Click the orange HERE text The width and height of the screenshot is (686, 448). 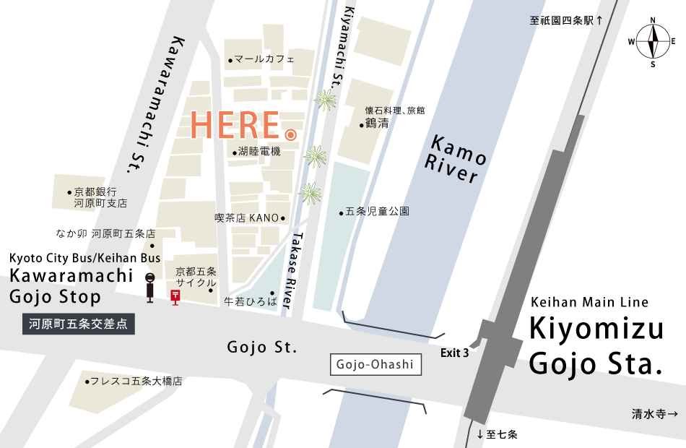[x=235, y=126]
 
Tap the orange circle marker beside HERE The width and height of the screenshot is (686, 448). [x=290, y=135]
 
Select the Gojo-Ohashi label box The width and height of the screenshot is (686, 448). [x=375, y=364]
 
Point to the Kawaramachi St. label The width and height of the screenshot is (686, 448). [x=152, y=105]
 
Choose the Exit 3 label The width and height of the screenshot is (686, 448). [x=454, y=353]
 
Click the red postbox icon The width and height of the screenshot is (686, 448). [x=175, y=296]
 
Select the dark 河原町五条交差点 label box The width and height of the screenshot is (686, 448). [x=79, y=324]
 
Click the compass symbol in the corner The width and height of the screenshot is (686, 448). [x=652, y=40]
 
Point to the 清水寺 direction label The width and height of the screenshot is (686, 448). [x=654, y=414]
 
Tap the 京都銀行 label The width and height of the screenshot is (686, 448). [x=95, y=192]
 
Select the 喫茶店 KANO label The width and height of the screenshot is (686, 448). [x=247, y=217]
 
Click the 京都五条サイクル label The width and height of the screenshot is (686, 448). [x=196, y=277]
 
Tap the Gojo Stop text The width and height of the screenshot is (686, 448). [x=56, y=297]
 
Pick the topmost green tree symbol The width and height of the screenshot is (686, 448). [x=326, y=100]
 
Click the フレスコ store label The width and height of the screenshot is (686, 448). [x=134, y=381]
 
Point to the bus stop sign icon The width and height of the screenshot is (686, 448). [x=150, y=288]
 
